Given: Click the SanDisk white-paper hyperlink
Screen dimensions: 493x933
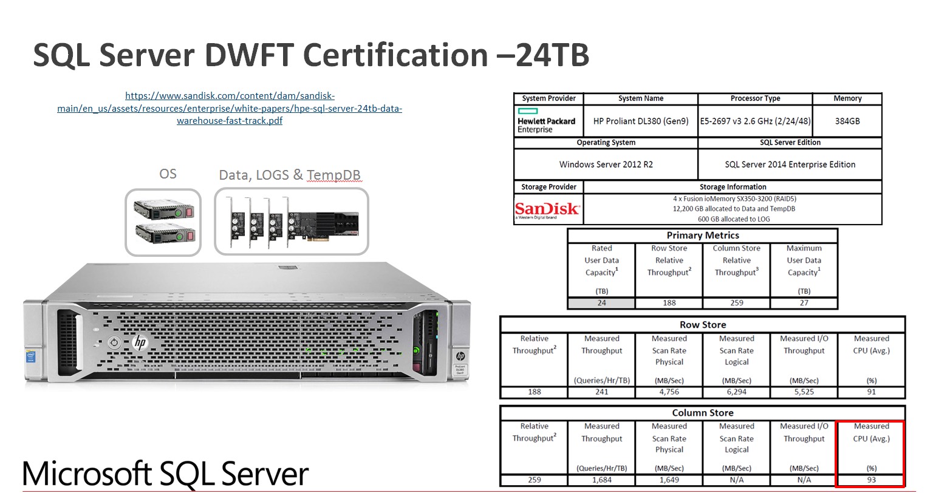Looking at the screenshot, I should [230, 108].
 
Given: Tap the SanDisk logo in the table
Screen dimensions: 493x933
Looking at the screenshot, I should [547, 209].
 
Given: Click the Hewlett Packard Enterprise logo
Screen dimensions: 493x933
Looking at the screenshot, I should [546, 121].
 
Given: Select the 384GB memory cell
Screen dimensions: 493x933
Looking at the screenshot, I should [847, 121].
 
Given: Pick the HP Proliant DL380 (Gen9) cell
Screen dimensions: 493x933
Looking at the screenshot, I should [641, 121].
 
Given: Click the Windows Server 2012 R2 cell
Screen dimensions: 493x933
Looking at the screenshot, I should [606, 165].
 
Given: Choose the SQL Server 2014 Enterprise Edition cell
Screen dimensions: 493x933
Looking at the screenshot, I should [790, 165].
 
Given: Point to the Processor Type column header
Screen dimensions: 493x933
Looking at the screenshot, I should [755, 98].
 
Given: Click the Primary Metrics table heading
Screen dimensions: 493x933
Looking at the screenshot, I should [703, 236].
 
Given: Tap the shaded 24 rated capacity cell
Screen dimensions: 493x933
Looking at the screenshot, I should [601, 303].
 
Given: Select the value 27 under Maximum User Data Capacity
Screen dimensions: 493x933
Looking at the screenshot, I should [804, 303].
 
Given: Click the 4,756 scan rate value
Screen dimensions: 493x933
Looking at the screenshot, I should [669, 392].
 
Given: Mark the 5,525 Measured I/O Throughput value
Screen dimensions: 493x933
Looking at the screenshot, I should [804, 392].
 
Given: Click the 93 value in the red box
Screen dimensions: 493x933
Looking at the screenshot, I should [871, 480].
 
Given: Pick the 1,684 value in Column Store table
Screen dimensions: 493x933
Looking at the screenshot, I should [601, 480].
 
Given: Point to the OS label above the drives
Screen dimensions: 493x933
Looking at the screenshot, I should [168, 174].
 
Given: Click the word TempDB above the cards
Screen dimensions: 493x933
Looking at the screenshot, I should [333, 175].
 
